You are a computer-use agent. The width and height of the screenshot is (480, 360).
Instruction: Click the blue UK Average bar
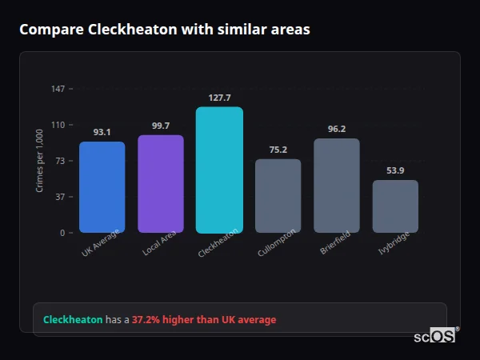pyautogui.click(x=102, y=187)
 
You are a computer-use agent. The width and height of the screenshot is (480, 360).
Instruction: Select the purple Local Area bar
pyautogui.click(x=161, y=184)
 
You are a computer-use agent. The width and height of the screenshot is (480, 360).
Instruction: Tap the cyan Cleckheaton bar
pyautogui.click(x=219, y=170)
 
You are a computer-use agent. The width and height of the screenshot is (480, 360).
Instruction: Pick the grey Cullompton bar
pyautogui.click(x=278, y=196)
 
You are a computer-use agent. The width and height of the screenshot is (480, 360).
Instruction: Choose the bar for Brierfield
pyautogui.click(x=337, y=186)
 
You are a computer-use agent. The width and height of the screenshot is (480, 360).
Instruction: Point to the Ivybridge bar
pyautogui.click(x=395, y=206)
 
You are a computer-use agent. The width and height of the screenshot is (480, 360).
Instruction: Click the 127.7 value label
pyautogui.click(x=219, y=97)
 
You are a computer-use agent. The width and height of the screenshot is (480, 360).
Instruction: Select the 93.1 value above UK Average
pyautogui.click(x=102, y=132)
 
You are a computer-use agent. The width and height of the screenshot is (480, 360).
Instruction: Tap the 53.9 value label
pyautogui.click(x=395, y=170)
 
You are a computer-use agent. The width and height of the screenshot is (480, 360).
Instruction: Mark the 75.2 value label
pyautogui.click(x=278, y=150)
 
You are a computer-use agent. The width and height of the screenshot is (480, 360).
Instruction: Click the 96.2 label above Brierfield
pyautogui.click(x=337, y=129)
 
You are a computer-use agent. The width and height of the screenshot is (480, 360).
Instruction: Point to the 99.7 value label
pyautogui.click(x=161, y=126)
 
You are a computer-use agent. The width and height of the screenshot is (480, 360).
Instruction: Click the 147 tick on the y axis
pyautogui.click(x=58, y=89)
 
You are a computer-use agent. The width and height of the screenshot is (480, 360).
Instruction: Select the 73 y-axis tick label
pyautogui.click(x=60, y=161)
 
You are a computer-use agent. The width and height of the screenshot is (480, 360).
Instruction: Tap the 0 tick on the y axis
pyautogui.click(x=62, y=233)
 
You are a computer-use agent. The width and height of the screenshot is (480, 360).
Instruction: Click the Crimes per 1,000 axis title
pyautogui.click(x=39, y=160)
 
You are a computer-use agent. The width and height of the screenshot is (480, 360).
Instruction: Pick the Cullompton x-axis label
pyautogui.click(x=277, y=242)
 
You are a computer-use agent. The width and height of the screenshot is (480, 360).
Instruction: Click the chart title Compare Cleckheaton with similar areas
pyautogui.click(x=165, y=30)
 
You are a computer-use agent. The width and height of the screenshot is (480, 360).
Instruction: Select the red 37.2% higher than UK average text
pyautogui.click(x=204, y=320)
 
